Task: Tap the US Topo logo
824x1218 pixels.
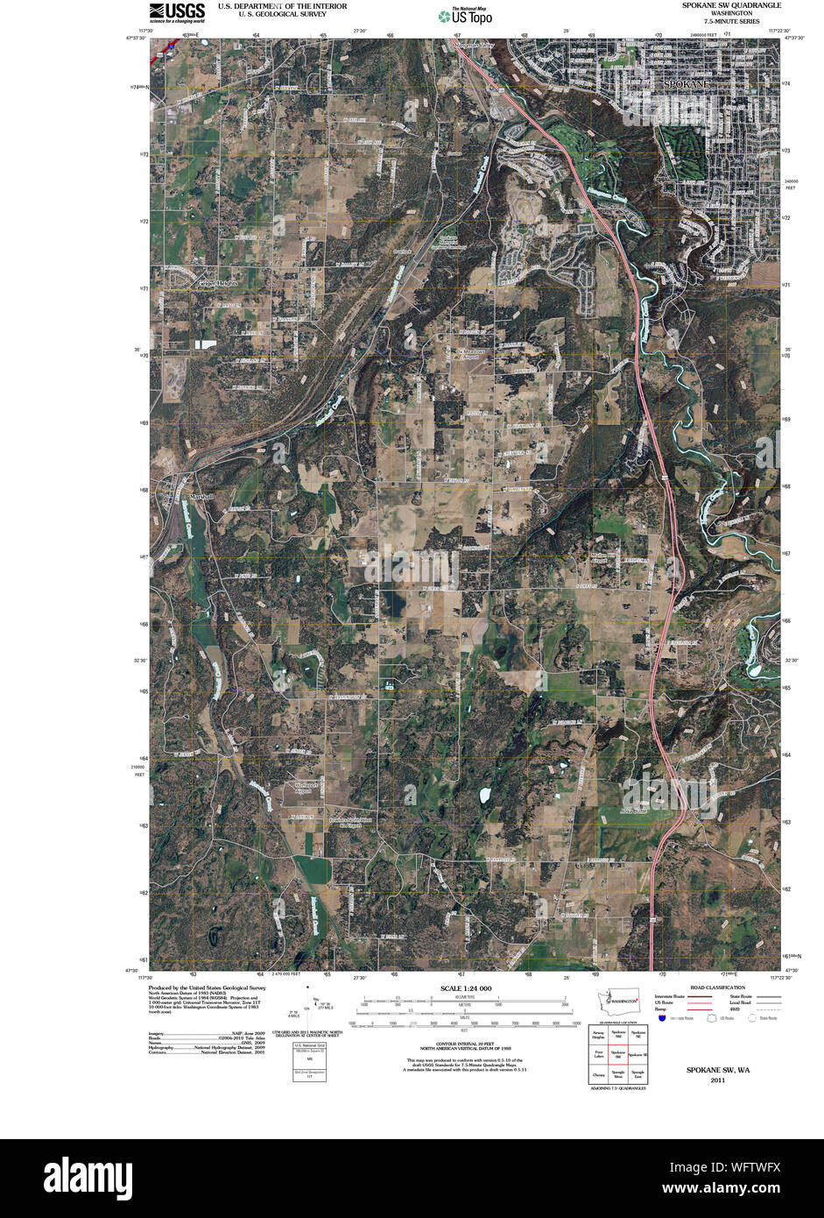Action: pos(465,15)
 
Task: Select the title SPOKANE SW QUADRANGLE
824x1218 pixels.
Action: pos(732,5)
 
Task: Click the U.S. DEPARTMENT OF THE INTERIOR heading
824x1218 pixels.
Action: pos(282,6)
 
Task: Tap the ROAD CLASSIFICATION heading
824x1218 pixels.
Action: pos(716,987)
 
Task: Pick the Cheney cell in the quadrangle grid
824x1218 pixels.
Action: pos(599,1074)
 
